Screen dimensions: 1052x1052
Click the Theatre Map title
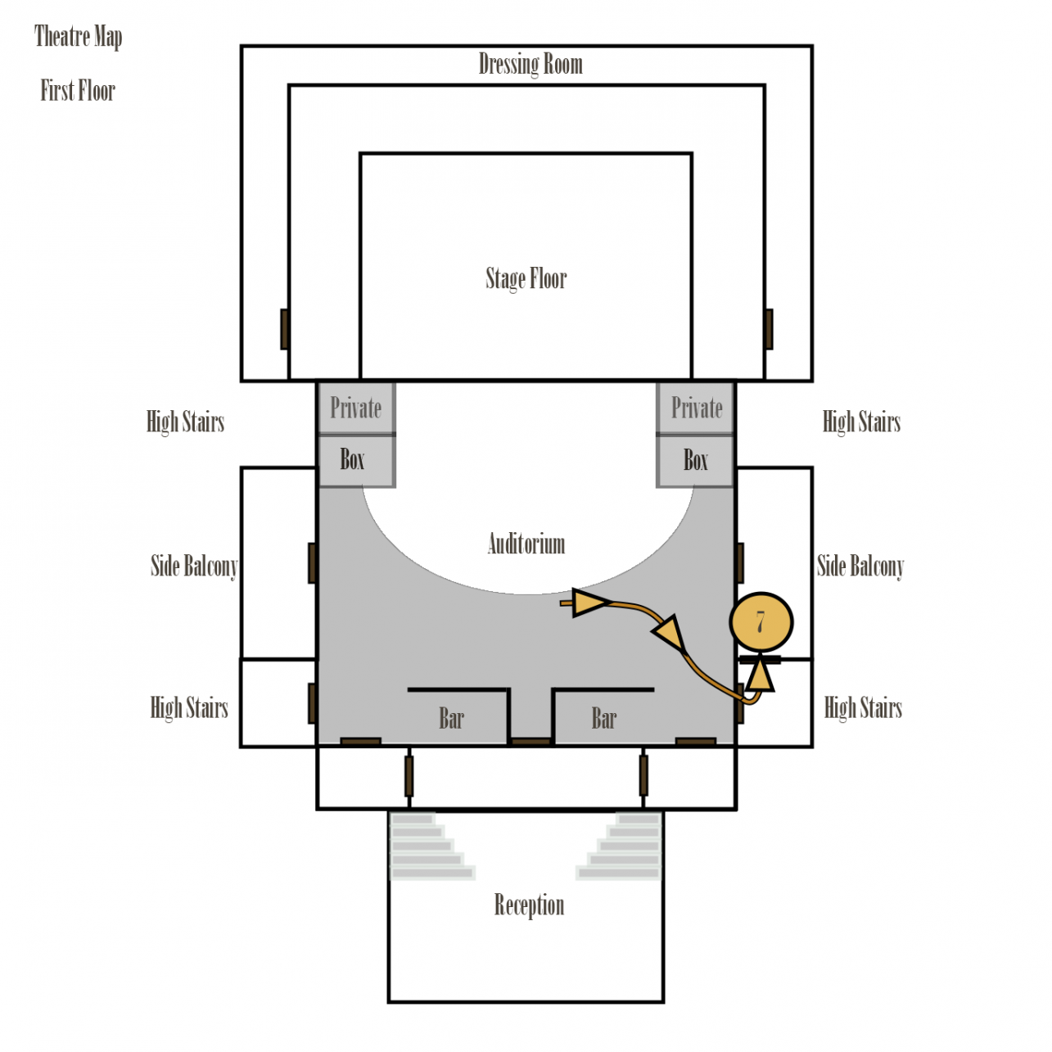point(79,37)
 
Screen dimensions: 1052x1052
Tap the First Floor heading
point(78,90)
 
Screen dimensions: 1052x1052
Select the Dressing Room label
point(531,64)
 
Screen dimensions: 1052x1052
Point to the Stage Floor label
point(526,278)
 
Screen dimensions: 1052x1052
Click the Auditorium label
point(526,544)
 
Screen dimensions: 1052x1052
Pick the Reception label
point(529,905)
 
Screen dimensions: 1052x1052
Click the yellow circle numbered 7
point(761,622)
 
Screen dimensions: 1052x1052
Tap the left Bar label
point(451,719)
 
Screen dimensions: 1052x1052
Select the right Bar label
point(604,719)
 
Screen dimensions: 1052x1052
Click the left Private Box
point(356,435)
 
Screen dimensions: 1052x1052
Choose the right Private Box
point(696,435)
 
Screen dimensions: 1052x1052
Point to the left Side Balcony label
point(194,566)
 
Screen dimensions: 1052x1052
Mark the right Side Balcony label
point(860,566)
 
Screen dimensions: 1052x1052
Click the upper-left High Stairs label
point(185,422)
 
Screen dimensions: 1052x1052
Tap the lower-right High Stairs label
point(863,707)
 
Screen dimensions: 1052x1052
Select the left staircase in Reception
point(430,847)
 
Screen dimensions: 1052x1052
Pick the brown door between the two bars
point(531,742)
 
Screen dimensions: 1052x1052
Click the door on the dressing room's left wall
point(285,329)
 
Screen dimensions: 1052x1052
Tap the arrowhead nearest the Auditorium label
point(589,603)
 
